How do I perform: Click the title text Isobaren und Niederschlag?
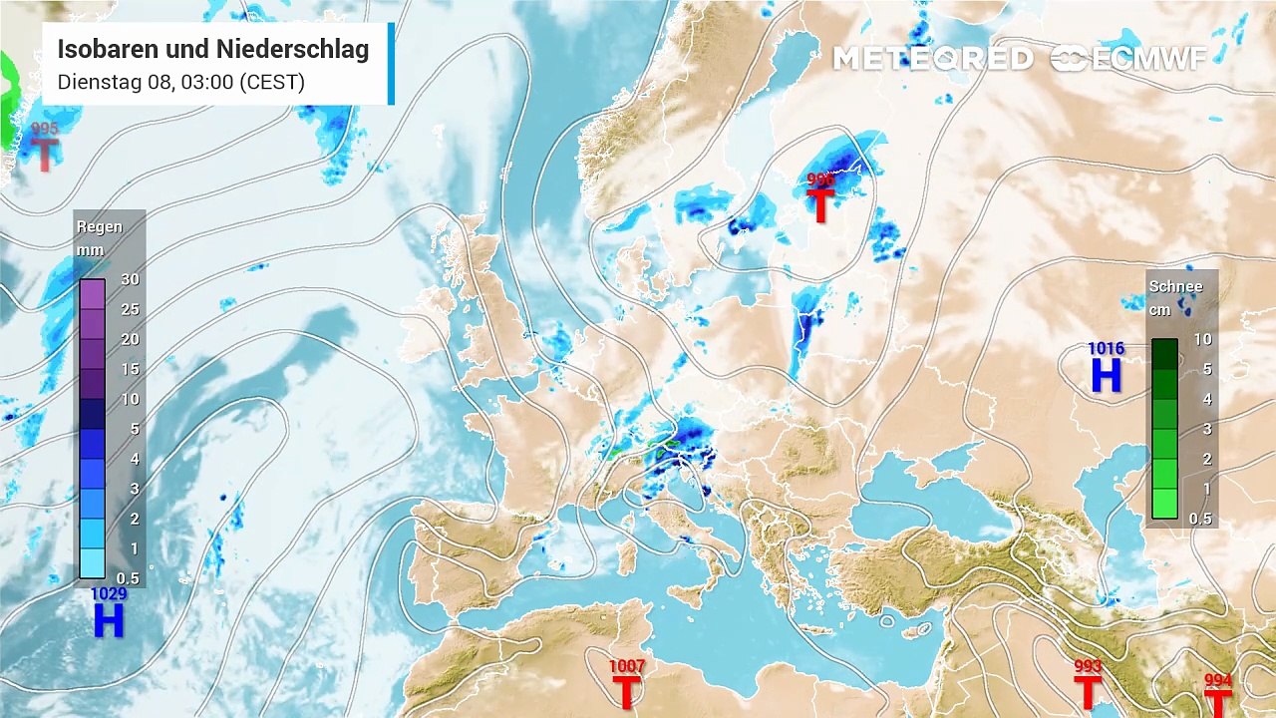212,50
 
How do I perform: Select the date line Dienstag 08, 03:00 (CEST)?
180,82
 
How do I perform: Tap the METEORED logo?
932,59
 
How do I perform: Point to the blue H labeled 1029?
108,621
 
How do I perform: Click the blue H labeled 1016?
1106,376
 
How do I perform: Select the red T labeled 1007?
626,691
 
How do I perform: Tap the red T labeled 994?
1218,701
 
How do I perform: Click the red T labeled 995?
45,155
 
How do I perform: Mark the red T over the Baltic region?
819,206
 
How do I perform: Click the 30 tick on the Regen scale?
130,279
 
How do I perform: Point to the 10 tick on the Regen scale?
130,399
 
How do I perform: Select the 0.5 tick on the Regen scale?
128,578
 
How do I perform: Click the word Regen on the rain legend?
100,226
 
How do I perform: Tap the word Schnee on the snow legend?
1175,286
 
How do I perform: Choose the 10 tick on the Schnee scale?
1202,339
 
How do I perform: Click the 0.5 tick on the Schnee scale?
1200,519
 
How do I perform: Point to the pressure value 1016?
1106,348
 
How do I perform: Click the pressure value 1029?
109,594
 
